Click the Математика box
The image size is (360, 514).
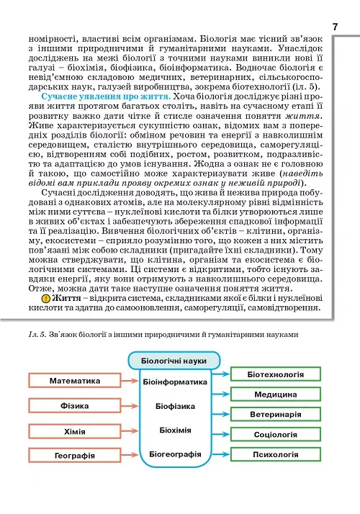[x=74, y=381]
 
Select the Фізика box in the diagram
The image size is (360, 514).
[x=74, y=405]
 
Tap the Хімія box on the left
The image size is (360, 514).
[x=74, y=430]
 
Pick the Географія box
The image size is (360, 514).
[x=74, y=456]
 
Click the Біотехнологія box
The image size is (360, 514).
[x=275, y=375]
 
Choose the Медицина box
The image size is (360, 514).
[x=275, y=395]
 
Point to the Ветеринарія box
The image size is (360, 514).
[x=275, y=415]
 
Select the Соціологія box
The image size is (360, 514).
[x=275, y=435]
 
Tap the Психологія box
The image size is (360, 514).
[x=275, y=455]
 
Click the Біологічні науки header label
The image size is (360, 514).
[x=174, y=360]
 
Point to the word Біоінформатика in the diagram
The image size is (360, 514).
[x=175, y=382]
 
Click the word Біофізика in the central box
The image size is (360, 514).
[x=175, y=406]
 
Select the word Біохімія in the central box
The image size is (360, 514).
[x=175, y=430]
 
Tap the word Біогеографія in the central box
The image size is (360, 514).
[x=175, y=454]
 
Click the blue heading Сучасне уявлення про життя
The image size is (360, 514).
[x=105, y=96]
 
